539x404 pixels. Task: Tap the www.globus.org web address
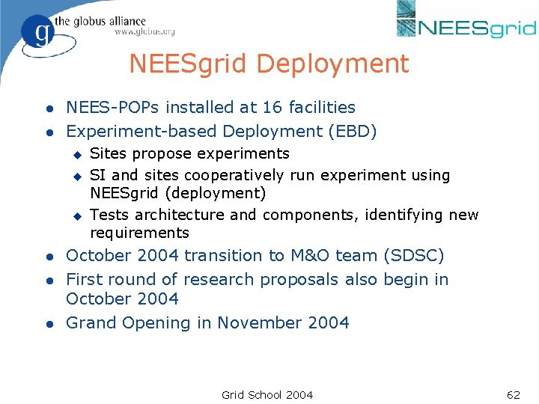click(144, 32)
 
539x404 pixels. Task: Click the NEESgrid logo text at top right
click(477, 28)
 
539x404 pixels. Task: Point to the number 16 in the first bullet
click(272, 108)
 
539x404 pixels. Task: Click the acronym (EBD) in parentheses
click(351, 132)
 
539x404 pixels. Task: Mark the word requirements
click(139, 233)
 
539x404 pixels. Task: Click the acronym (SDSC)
click(413, 256)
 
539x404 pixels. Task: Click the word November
click(271, 323)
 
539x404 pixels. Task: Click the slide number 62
click(513, 394)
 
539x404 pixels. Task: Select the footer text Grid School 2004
click(267, 394)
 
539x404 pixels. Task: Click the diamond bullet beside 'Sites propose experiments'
click(76, 155)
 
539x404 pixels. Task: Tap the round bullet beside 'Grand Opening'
click(48, 324)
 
